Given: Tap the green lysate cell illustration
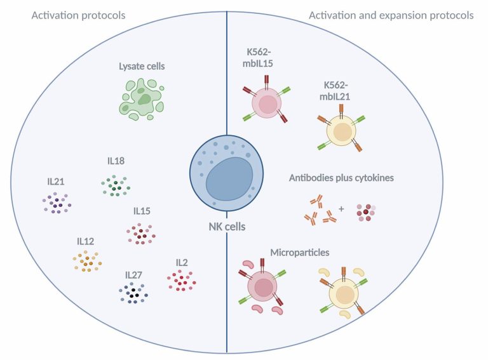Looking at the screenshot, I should pyautogui.click(x=140, y=98).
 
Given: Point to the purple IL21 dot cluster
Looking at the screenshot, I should pyautogui.click(x=57, y=203).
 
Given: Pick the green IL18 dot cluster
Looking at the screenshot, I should pyautogui.click(x=116, y=186).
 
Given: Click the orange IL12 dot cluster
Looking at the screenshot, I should pyautogui.click(x=88, y=260).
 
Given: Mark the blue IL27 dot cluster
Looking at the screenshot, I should pyautogui.click(x=133, y=293).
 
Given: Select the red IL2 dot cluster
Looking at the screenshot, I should pyautogui.click(x=182, y=279).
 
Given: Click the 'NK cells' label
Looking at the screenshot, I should pyautogui.click(x=227, y=226).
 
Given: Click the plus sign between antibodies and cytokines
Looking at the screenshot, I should pyautogui.click(x=341, y=208).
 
